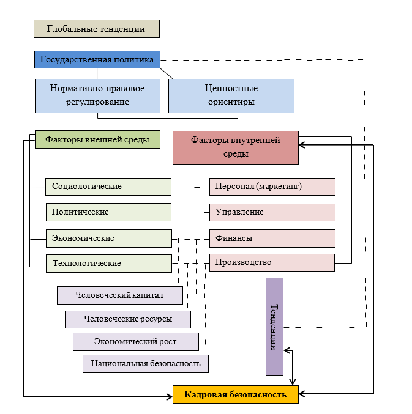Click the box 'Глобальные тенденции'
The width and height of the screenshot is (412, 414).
[x=96, y=29]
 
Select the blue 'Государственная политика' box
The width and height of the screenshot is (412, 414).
[x=97, y=59]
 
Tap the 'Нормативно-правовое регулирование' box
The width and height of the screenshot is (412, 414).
[x=97, y=95]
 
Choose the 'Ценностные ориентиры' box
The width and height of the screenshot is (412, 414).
[x=230, y=95]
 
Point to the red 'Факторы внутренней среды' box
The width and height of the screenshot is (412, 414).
[x=236, y=147]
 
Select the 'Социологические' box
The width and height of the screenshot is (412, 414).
[x=108, y=187]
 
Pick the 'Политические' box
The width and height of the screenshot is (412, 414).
[x=108, y=212]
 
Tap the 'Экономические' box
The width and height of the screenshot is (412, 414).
[x=108, y=238]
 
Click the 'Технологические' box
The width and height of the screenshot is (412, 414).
[x=108, y=264]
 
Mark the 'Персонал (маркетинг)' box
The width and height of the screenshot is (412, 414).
[x=272, y=187]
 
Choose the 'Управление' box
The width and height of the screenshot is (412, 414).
[x=272, y=212]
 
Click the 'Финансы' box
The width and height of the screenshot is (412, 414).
[x=272, y=238]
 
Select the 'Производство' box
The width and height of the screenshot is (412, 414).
[x=272, y=262]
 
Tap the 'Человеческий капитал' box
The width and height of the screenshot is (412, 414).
[x=120, y=295]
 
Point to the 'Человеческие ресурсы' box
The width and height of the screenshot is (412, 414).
[x=128, y=319]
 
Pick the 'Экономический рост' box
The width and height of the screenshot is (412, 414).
[x=136, y=341]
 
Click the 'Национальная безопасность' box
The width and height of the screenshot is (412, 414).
[x=146, y=363]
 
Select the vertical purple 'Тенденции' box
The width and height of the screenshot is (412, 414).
[x=274, y=326]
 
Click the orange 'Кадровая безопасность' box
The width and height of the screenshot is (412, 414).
[x=236, y=394]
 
